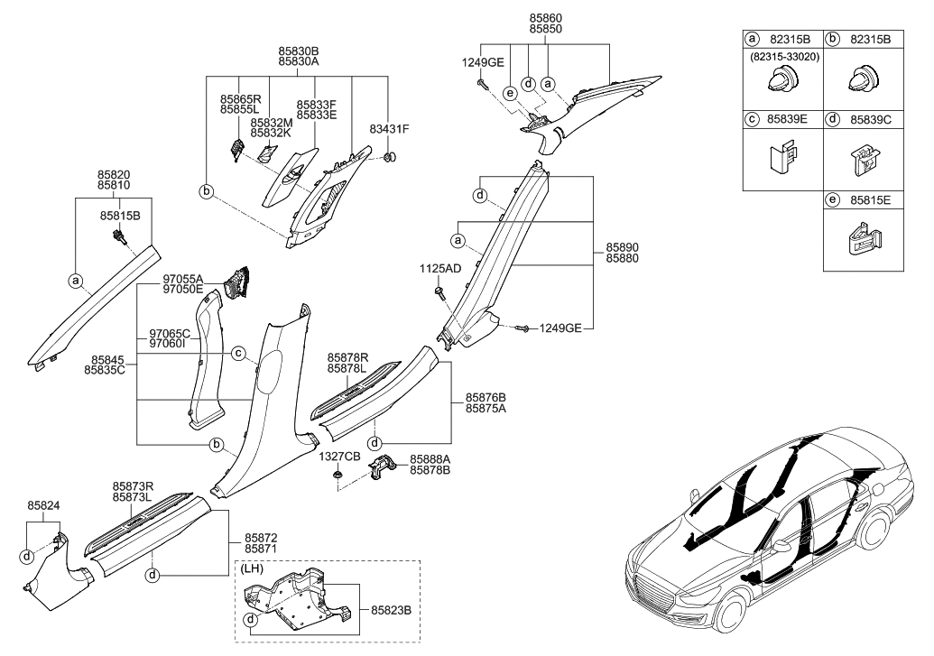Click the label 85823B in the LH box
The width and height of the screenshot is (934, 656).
point(390,610)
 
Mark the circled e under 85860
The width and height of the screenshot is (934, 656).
point(510,94)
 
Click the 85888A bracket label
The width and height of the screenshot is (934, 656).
point(430,459)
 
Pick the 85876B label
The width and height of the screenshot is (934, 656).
point(485,397)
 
